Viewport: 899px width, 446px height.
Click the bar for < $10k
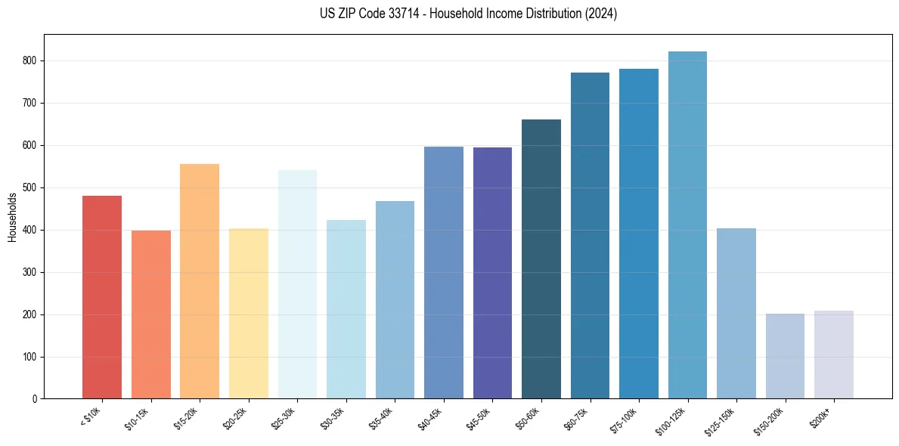click(x=101, y=297)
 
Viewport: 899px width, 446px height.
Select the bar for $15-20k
click(x=200, y=281)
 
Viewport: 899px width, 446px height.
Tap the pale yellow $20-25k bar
click(x=248, y=314)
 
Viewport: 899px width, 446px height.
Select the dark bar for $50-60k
click(x=541, y=259)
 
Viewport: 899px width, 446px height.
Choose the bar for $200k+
click(x=834, y=355)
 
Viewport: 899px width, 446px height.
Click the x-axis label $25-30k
click(x=283, y=418)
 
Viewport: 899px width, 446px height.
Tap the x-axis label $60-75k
click(x=575, y=418)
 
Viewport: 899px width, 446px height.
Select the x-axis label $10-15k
click(x=136, y=418)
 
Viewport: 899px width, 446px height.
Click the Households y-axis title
click(x=12, y=217)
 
